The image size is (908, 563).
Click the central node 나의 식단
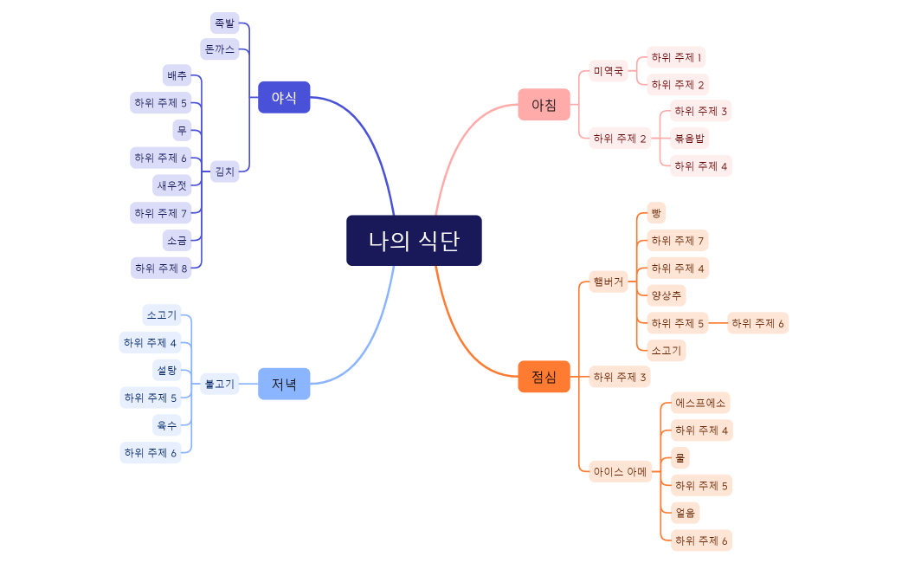point(414,240)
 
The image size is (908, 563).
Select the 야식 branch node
point(284,97)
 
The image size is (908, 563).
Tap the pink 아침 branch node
point(544,105)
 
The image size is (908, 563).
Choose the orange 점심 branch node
point(544,377)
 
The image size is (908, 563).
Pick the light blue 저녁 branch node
point(284,384)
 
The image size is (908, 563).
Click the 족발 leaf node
point(224,23)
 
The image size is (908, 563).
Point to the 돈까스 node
point(219,49)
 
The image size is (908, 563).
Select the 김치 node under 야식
point(224,171)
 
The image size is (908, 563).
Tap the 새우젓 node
point(171,185)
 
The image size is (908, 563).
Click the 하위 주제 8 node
point(161,268)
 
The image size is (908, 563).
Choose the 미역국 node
point(609,71)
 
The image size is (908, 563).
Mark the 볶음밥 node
point(690,138)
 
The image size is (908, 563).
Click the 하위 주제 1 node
point(676,57)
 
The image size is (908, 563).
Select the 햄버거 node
point(609,282)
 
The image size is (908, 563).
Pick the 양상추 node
point(667,295)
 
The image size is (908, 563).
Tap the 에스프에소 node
point(700,403)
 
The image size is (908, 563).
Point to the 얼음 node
point(686,512)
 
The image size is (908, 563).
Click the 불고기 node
point(220,384)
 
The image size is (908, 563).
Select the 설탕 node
point(166,371)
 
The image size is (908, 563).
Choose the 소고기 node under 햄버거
point(667,351)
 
